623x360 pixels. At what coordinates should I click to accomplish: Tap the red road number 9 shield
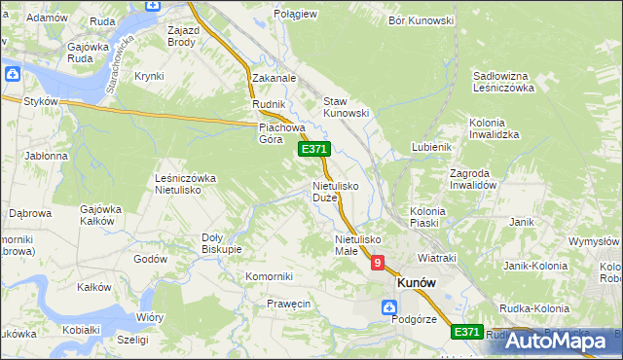377,263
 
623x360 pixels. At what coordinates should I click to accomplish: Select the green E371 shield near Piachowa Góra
313,149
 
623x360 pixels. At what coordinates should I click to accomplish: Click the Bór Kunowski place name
421,19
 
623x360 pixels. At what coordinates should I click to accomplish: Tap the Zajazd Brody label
182,37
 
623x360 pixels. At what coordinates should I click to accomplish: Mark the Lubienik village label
432,146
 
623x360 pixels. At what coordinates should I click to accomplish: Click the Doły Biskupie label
221,242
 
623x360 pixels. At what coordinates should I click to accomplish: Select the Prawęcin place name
288,304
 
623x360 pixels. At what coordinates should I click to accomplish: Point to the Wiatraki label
437,258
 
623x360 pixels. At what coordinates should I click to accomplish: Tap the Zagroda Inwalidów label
473,179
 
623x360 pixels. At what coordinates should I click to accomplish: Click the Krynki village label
149,75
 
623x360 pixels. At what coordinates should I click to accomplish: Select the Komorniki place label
270,276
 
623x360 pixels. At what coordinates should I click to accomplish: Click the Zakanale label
274,78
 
